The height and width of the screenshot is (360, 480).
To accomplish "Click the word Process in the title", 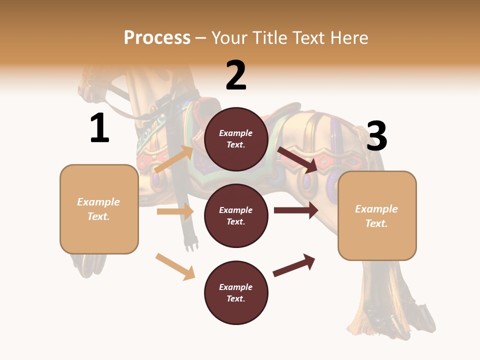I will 157,38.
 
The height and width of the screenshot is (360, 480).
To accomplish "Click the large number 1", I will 99,128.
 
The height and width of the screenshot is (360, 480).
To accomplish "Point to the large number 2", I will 236,75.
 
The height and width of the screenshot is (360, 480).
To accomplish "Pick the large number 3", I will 377,136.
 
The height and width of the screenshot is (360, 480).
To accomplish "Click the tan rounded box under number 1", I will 99,209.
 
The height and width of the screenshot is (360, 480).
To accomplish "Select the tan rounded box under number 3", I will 377,216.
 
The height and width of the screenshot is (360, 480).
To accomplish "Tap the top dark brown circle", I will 236,139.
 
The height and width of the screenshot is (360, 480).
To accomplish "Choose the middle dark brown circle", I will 236,215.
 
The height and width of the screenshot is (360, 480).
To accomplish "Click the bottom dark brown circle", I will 236,292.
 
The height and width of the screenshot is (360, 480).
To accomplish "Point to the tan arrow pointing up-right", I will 174,159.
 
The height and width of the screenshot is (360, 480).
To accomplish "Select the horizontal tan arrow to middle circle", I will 175,211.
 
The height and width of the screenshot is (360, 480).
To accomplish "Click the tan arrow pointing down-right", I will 175,266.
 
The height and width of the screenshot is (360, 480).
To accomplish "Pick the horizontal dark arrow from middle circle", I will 296,210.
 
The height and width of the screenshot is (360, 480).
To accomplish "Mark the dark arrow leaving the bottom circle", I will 294,265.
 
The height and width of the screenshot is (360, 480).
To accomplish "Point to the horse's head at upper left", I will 92,85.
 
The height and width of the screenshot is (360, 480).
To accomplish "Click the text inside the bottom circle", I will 236,293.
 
